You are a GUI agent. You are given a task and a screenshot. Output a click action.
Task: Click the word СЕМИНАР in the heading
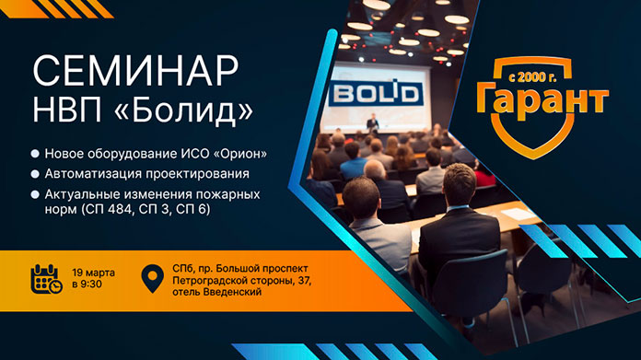(135, 70)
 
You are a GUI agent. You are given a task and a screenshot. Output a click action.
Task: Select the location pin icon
(152, 278)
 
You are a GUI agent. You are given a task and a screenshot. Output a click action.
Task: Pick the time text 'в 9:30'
(87, 285)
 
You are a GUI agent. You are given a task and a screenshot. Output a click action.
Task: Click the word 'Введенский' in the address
(231, 292)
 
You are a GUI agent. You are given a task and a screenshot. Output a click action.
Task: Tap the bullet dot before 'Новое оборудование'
(34, 152)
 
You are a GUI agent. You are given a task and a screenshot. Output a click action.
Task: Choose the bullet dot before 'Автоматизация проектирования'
(34, 173)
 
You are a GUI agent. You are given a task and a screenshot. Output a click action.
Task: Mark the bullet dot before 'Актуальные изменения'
(34, 194)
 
